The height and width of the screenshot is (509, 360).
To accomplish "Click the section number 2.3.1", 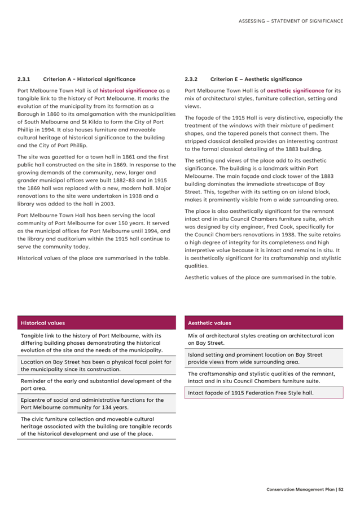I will (x=24, y=79).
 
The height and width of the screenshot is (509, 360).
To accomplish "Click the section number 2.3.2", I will (x=191, y=79).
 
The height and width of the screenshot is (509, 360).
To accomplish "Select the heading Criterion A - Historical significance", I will (x=89, y=79).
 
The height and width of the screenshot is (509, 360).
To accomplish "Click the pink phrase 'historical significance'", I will (x=128, y=90).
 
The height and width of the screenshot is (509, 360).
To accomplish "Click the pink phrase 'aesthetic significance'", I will (x=295, y=90).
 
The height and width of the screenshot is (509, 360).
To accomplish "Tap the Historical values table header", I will (x=43, y=323).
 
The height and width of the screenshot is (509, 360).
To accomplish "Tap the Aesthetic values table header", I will (x=209, y=323).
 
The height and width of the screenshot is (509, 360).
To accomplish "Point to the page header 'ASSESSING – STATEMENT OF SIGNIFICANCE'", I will (x=290, y=21).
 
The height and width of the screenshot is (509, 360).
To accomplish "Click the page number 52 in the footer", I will (x=341, y=489).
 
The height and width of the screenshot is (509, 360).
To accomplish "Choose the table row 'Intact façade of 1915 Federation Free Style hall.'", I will (x=251, y=393).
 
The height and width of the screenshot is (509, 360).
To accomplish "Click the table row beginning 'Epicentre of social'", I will (x=92, y=403).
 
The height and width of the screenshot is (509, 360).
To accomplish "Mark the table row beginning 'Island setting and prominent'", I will (x=255, y=358).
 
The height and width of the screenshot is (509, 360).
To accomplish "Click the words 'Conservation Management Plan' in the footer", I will (x=300, y=489).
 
